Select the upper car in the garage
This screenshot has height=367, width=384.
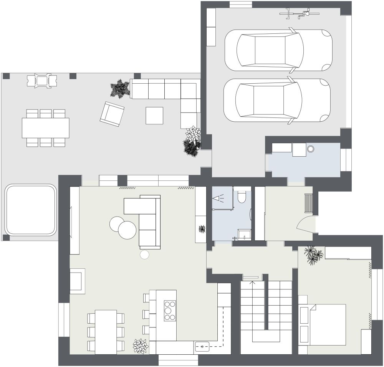[x=278, y=50]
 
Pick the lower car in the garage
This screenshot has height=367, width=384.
[x=277, y=101]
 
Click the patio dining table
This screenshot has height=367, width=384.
[x=45, y=128]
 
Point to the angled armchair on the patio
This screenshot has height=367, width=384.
[x=112, y=114]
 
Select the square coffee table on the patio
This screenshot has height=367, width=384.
[x=154, y=116]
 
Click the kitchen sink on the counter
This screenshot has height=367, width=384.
[x=202, y=346]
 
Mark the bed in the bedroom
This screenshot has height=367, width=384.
[x=326, y=325]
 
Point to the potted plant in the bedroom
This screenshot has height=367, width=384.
[x=313, y=255]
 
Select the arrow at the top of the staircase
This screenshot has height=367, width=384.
[x=253, y=283]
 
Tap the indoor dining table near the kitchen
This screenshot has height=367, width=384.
[x=106, y=332]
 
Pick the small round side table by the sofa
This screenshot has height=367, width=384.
[x=145, y=254]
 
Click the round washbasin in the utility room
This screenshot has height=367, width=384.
[x=310, y=149]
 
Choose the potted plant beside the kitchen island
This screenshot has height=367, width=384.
[x=141, y=346]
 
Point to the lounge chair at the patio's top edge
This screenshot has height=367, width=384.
[x=42, y=81]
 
